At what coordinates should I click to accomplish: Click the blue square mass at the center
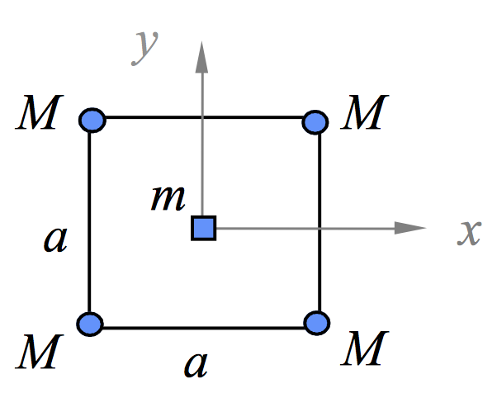pyautogui.click(x=203, y=227)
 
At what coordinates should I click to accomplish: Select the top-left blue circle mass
pyautogui.click(x=92, y=121)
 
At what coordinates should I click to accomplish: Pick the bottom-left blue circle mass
pyautogui.click(x=92, y=323)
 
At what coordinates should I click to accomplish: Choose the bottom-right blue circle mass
pyautogui.click(x=315, y=323)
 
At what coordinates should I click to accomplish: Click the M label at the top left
pyautogui.click(x=39, y=116)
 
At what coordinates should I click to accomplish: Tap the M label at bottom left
pyautogui.click(x=38, y=353)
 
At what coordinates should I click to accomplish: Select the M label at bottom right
pyautogui.click(x=364, y=353)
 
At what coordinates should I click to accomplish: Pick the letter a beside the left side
pyautogui.click(x=55, y=239)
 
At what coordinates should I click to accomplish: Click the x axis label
pyautogui.click(x=470, y=234)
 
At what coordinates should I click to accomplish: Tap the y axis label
pyautogui.click(x=147, y=47)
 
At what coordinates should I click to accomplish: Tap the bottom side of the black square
pyautogui.click(x=248, y=328)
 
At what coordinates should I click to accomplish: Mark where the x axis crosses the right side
pyautogui.click(x=319, y=227)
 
